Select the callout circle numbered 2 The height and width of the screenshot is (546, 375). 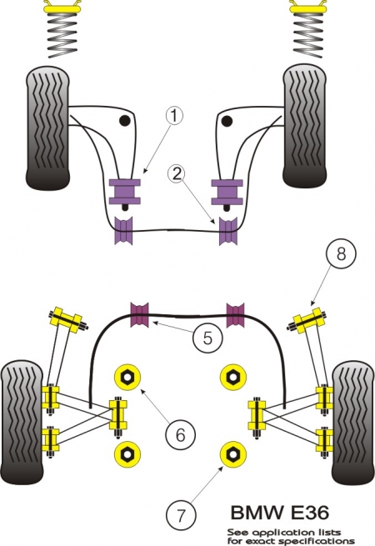[177, 173]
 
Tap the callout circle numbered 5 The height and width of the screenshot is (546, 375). [207, 338]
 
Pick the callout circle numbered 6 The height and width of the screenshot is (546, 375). [180, 434]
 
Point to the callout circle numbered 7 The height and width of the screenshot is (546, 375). [181, 515]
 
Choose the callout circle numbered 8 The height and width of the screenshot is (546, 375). [341, 253]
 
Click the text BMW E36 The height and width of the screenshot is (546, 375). [280, 513]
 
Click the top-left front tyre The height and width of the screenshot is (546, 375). [47, 128]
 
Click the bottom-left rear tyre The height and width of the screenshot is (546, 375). [22, 423]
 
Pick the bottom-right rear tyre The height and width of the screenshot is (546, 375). [353, 423]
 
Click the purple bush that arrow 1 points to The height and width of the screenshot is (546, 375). [125, 191]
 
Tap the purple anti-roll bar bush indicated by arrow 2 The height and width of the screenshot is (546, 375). [227, 231]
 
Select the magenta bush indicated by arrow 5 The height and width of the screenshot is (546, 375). [140, 315]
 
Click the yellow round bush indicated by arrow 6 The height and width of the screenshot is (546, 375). [127, 377]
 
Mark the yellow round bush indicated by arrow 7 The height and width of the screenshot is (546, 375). [233, 453]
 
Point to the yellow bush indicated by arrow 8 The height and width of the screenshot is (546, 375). [307, 320]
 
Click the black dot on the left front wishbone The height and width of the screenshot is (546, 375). [124, 121]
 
